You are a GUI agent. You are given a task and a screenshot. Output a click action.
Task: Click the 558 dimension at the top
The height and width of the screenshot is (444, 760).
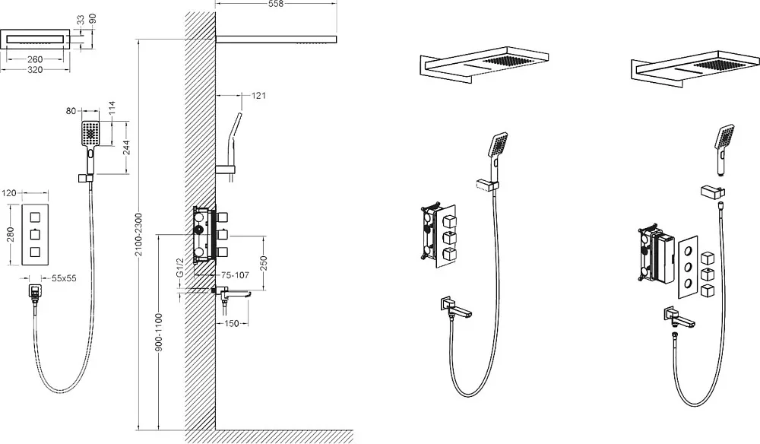coord(275,4)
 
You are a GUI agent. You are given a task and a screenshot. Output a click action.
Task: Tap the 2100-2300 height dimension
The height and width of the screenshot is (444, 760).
coord(139,235)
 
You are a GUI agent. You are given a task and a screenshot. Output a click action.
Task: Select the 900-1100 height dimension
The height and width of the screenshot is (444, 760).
coord(160,332)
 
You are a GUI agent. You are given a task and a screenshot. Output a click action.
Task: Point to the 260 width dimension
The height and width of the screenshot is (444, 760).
coord(35,59)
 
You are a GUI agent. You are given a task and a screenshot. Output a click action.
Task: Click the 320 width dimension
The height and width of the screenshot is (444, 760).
coord(35,70)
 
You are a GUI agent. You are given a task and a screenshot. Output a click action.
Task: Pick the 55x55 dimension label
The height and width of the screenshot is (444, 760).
coord(64,279)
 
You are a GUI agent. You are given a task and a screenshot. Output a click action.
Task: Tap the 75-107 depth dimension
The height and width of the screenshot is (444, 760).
coord(235,275)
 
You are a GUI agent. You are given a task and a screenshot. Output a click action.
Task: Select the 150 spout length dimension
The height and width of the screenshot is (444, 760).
coord(232,323)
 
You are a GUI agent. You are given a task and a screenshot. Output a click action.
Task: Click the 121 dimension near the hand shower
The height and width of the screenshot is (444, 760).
coord(259,96)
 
